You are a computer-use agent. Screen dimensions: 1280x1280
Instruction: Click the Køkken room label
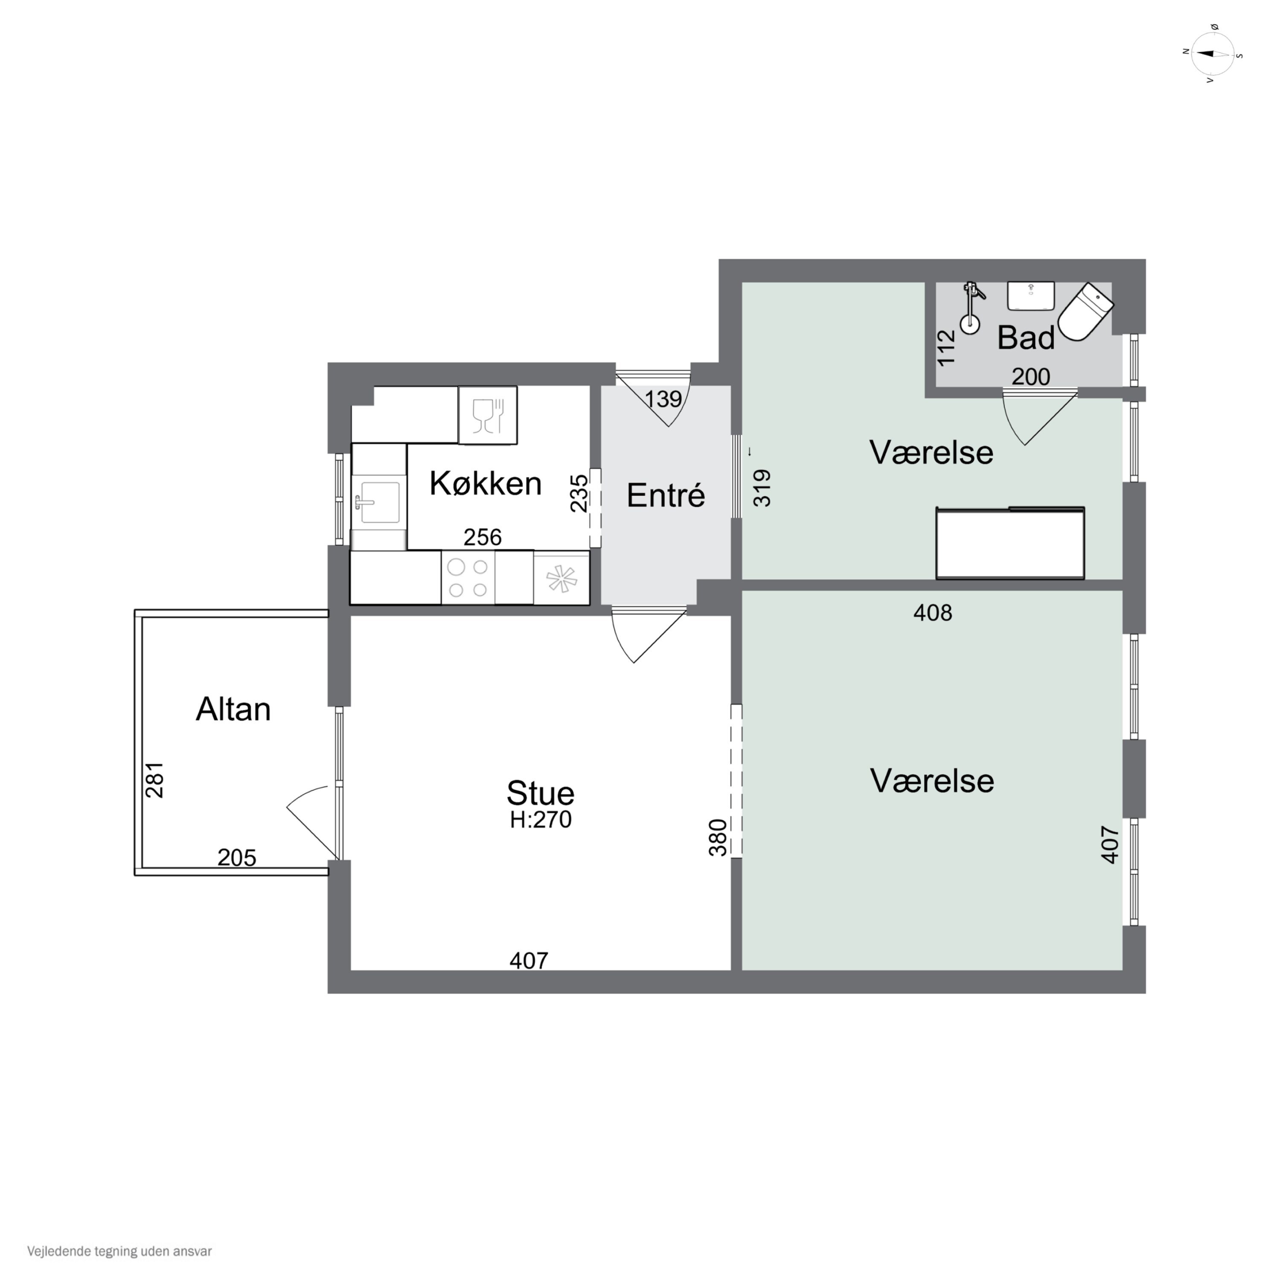(486, 484)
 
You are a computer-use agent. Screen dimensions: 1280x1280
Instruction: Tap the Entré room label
(666, 495)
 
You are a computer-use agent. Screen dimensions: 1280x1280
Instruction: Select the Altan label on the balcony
(233, 710)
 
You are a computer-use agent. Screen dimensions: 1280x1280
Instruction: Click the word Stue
(540, 793)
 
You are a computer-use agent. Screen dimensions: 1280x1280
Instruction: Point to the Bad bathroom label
(1026, 338)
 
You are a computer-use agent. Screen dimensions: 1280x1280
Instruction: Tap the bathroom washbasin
(1031, 296)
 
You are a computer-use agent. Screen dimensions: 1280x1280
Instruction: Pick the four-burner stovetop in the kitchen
(468, 578)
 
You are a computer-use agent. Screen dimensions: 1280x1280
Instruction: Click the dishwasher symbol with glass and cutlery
(488, 416)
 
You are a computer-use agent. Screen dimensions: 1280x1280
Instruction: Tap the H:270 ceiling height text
(541, 820)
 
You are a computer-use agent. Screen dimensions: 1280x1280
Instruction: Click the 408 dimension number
(933, 613)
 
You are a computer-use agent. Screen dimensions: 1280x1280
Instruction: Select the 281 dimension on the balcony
(154, 780)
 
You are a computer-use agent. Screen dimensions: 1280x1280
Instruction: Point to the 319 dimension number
(762, 488)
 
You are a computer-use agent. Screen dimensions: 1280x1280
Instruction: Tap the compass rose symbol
(1213, 54)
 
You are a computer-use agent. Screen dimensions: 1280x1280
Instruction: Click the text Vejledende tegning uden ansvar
(119, 1251)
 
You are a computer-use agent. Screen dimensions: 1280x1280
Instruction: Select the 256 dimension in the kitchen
(482, 537)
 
